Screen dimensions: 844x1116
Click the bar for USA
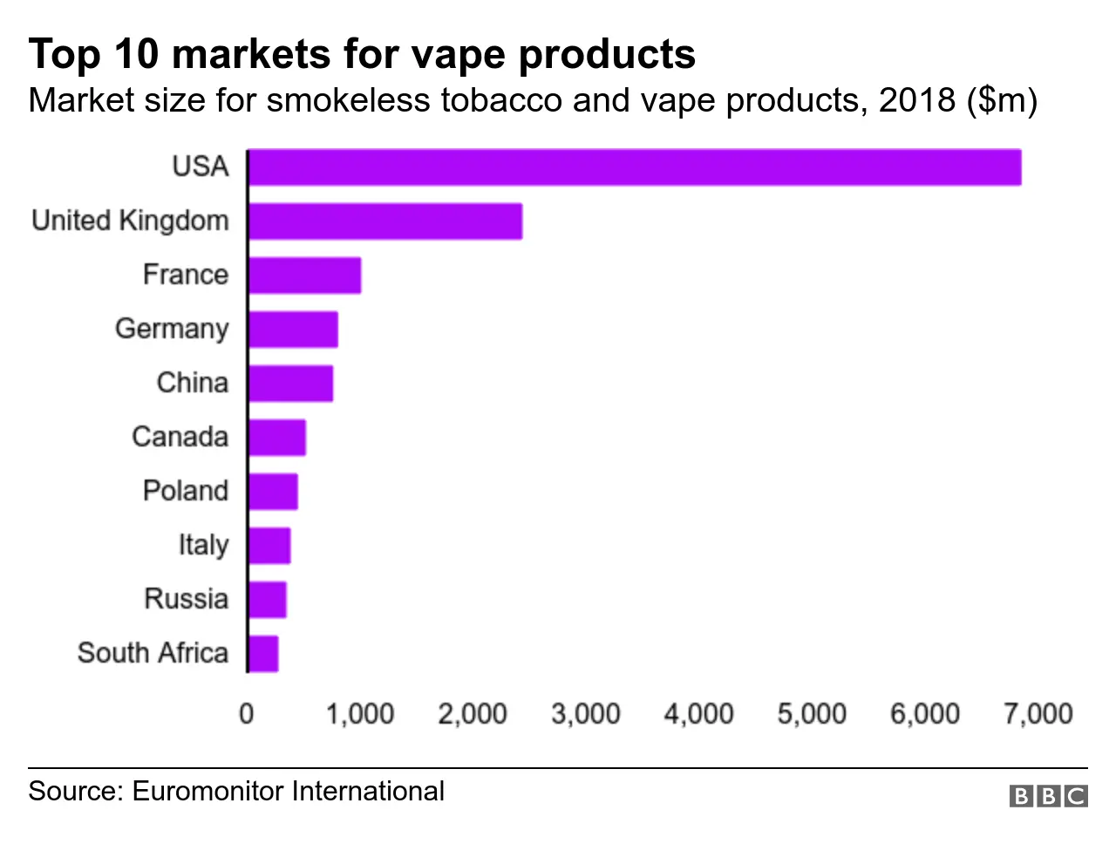coord(635,167)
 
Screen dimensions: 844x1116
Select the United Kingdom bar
coord(385,221)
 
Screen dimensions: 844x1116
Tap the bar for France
coord(304,276)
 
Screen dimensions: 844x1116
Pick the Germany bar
coord(293,330)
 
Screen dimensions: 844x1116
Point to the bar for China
coord(290,384)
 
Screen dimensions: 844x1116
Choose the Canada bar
coord(277,438)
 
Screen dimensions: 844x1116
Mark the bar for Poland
coord(273,492)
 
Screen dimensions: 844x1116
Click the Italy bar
coord(269,546)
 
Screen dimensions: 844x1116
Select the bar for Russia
coord(268,600)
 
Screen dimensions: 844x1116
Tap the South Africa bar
coord(263,654)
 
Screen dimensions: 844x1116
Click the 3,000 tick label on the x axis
coord(585,714)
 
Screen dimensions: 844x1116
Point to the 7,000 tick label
coord(1038,714)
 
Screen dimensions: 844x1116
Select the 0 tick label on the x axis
coord(247,714)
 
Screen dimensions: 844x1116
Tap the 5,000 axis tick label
coord(812,714)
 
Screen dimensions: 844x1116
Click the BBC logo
coord(1049,795)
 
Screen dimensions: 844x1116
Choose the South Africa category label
coord(153,653)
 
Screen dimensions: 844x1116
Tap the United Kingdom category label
coord(130,221)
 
